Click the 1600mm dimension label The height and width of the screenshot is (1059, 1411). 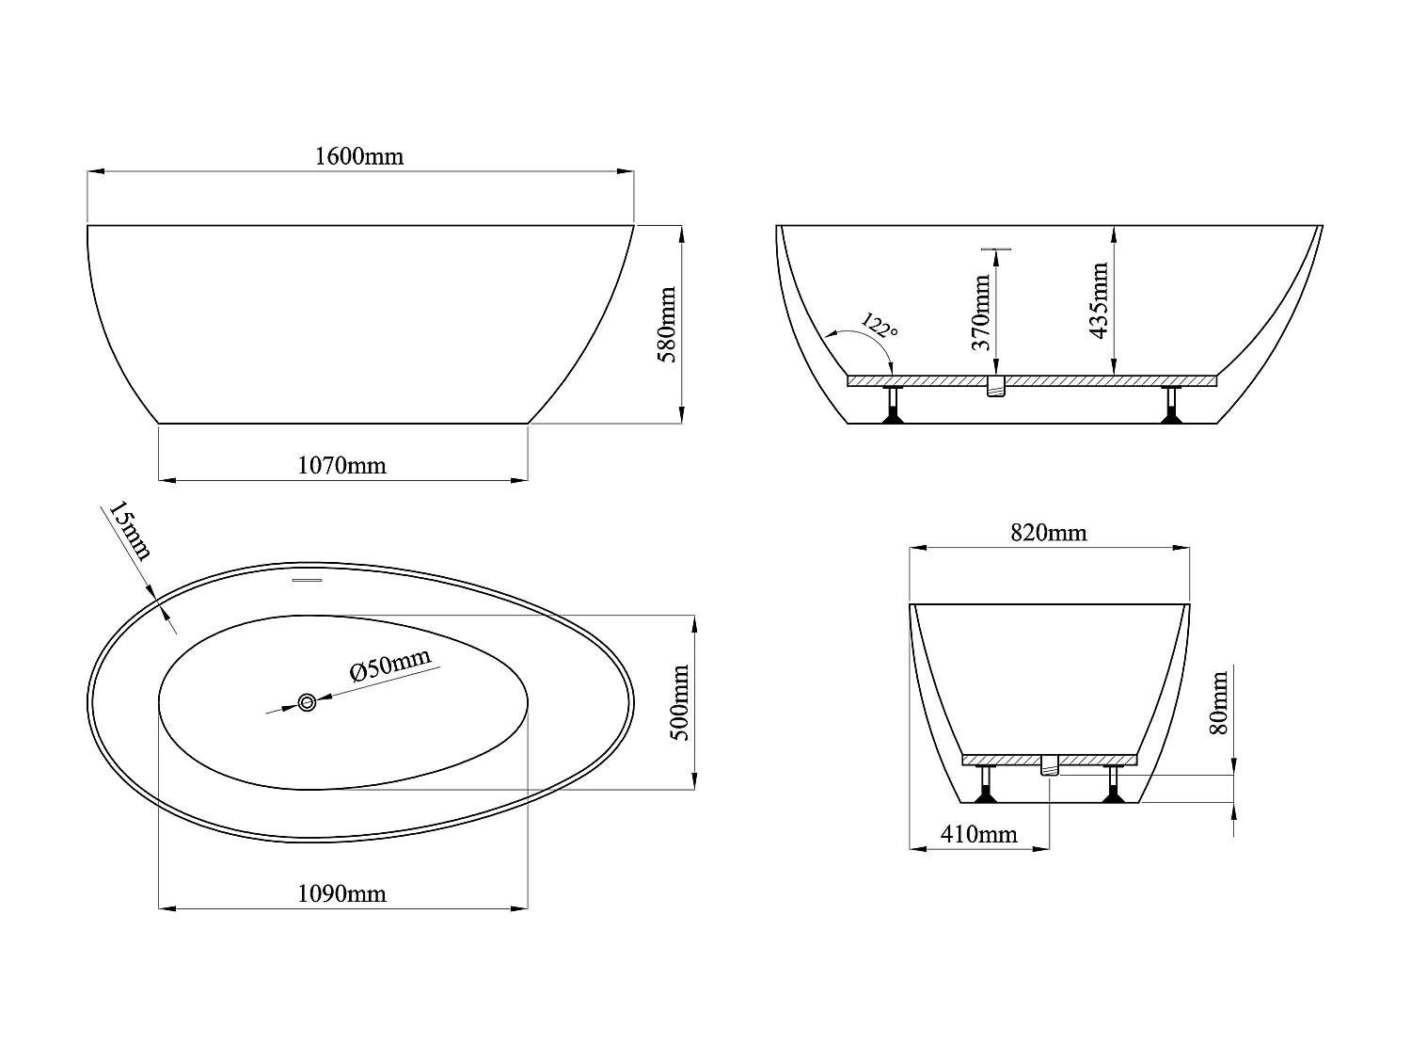[358, 156]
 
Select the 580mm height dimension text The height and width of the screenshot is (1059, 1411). [667, 325]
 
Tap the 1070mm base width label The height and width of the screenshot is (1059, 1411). [341, 465]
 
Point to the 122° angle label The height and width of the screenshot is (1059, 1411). [880, 329]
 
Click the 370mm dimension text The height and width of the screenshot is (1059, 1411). [981, 313]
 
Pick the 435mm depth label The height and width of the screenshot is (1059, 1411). [1098, 300]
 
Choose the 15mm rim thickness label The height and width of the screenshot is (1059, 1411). [129, 531]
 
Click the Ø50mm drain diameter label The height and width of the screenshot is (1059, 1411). [389, 666]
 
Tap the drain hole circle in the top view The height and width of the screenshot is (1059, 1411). [307, 701]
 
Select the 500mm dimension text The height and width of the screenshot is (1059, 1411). [681, 702]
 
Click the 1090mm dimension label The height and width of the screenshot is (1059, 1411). [341, 893]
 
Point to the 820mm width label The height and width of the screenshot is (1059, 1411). [1048, 533]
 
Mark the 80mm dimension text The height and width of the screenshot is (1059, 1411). [1219, 702]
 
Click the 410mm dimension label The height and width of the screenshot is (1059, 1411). [978, 834]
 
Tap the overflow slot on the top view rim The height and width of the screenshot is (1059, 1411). [307, 581]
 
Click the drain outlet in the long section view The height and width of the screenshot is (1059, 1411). [996, 386]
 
